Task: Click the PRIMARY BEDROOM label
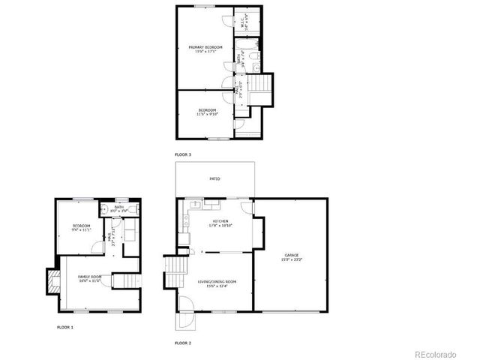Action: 205,47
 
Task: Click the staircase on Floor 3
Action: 261,83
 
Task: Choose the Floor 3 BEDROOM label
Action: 207,110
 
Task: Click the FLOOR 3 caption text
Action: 183,154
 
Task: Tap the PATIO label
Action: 214,179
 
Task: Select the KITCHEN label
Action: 220,221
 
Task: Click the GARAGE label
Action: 292,255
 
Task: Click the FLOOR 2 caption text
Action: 183,343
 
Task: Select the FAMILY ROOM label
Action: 89,277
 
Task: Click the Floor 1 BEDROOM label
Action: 81,226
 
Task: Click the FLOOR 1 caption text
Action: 66,327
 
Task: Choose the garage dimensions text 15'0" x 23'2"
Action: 292,259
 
